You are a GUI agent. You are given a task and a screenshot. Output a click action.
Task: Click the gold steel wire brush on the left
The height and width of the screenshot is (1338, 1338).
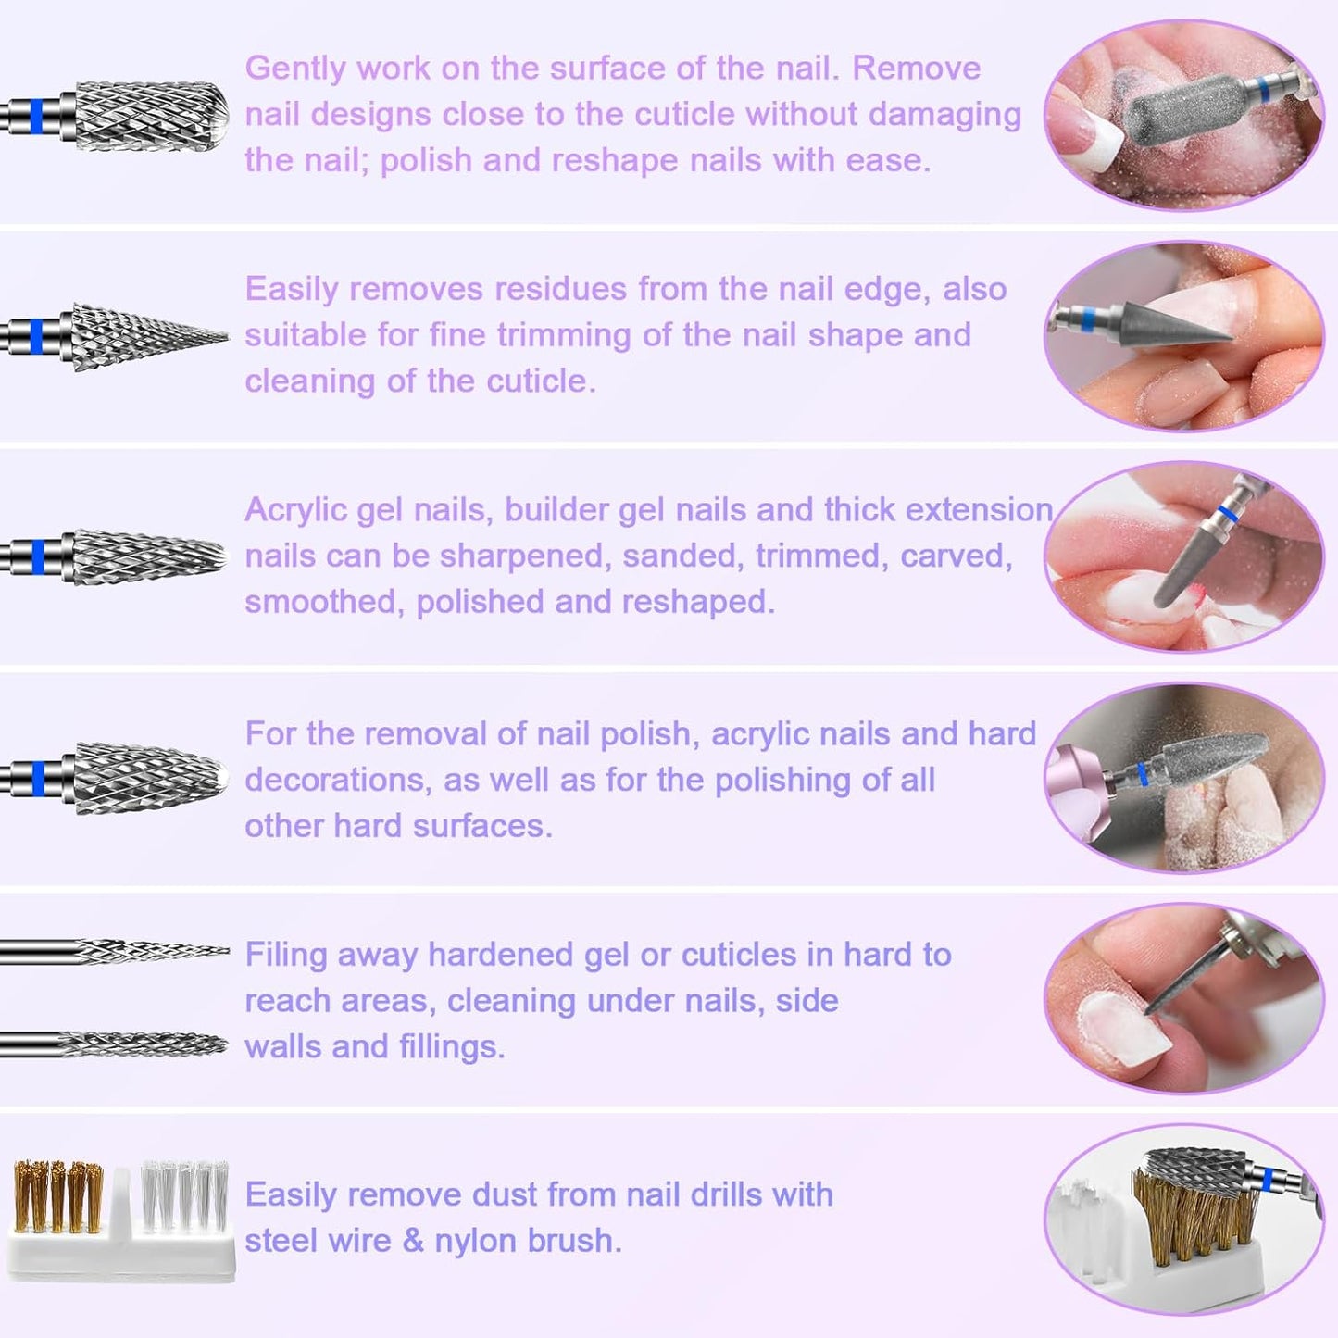coord(57,1200)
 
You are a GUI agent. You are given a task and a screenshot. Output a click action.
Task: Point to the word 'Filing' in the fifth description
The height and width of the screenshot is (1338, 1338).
coord(285,955)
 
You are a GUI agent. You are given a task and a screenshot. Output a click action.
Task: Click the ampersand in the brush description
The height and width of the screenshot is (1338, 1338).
coord(413,1241)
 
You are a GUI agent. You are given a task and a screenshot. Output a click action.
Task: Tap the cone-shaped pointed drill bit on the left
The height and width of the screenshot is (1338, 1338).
coord(148,337)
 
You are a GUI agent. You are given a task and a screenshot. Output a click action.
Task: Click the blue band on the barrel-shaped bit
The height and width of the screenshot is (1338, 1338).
coord(36,116)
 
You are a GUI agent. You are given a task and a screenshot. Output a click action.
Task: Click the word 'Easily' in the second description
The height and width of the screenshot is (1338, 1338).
coord(292,290)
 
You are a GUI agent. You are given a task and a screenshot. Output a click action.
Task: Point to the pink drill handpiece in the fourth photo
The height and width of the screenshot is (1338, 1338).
coord(1080,778)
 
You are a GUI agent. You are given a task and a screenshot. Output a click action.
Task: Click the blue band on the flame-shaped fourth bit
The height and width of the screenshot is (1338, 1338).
coord(38,779)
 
